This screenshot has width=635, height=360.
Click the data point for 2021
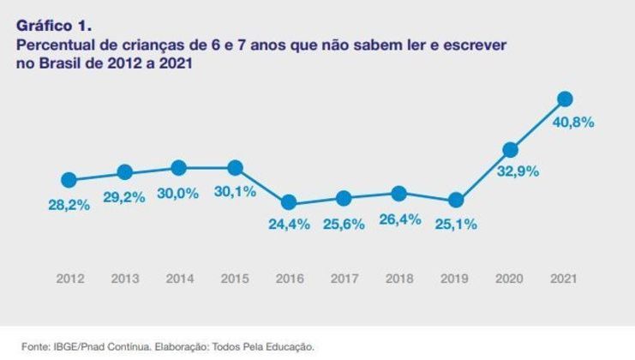[565, 99]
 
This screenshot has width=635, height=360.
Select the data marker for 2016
[289, 202]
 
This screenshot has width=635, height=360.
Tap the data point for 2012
[69, 180]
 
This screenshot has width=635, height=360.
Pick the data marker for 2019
[456, 201]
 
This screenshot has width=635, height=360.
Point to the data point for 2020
[511, 149]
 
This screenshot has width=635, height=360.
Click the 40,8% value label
[573, 122]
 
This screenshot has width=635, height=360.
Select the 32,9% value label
[518, 171]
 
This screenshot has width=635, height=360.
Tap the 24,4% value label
[290, 225]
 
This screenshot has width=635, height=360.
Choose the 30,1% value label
[236, 191]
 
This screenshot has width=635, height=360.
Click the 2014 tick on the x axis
[179, 279]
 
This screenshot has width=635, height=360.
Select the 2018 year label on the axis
[400, 279]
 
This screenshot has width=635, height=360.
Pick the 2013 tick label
[124, 279]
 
